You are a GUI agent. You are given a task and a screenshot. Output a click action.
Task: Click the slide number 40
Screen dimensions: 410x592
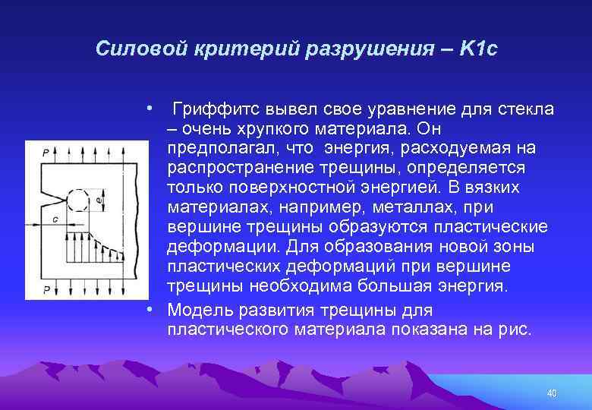pos(552,393)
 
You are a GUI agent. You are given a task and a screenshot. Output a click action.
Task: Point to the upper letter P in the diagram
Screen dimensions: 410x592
pos(35,152)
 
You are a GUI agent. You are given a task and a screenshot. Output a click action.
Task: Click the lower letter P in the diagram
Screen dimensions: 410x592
pos(35,289)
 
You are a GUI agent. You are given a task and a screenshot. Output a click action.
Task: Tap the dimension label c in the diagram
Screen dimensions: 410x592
pos(57,219)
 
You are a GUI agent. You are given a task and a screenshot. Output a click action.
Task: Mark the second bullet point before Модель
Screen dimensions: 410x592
pos(153,310)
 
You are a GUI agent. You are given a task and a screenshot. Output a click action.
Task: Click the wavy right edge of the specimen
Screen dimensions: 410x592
pos(135,220)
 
